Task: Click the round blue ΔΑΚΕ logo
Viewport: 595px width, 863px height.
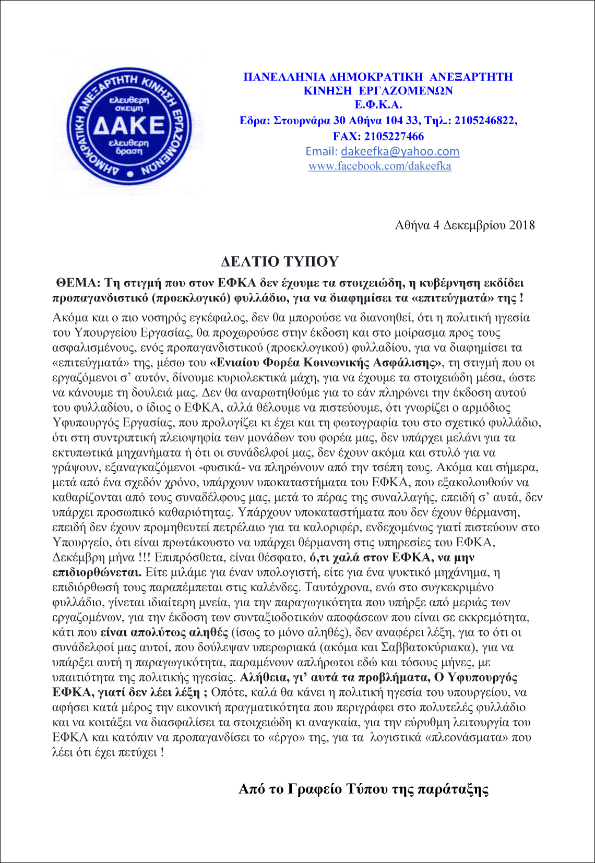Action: pos(130,126)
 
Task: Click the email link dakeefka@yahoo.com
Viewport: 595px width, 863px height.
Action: pos(400,151)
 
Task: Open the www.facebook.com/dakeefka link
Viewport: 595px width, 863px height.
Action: pos(379,166)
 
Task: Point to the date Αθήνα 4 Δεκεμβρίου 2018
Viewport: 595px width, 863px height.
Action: pos(465,225)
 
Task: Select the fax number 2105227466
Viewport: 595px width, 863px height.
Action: pos(394,136)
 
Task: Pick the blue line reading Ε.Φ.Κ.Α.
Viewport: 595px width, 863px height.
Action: pos(378,104)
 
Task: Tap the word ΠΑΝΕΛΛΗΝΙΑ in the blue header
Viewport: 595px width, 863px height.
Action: pos(284,77)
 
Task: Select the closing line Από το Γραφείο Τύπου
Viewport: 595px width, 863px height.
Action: pos(363,788)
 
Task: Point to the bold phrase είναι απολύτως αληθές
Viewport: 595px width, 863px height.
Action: pos(164,633)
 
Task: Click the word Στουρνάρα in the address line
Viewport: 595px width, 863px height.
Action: pos(302,121)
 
